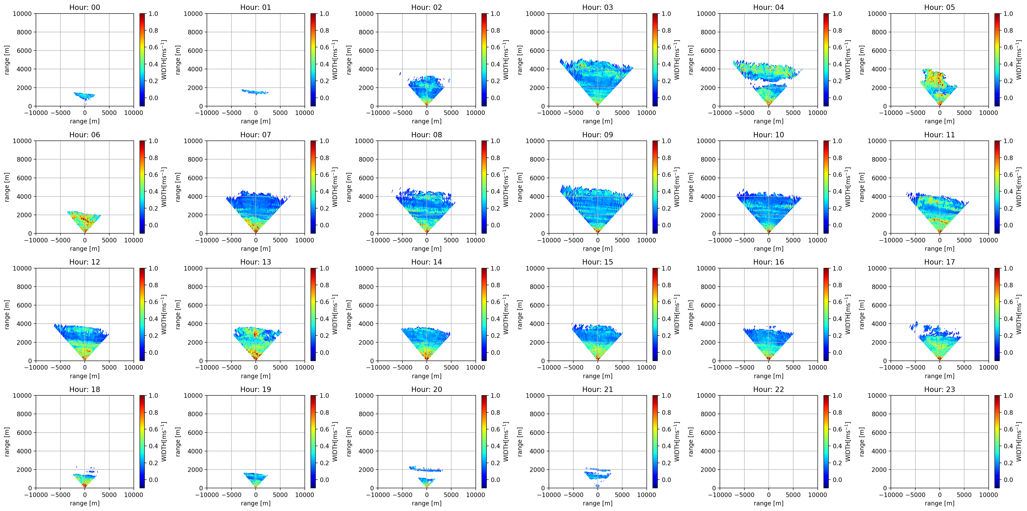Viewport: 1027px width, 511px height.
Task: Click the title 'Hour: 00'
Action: [85, 7]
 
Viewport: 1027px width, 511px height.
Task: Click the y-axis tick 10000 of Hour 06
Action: [22, 141]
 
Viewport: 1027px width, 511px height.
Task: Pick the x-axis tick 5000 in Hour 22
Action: [793, 495]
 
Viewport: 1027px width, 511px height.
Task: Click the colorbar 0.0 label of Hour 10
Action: [837, 225]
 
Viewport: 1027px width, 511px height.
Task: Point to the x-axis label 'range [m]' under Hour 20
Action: [427, 503]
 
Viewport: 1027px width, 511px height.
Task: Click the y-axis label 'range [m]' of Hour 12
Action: [7, 314]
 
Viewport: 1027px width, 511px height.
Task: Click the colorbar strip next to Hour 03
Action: [655, 60]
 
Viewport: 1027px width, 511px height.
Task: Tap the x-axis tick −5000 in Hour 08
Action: [402, 240]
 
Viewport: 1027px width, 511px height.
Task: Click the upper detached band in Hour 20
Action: [426, 469]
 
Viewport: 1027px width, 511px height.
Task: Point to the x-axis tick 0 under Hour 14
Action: [427, 367]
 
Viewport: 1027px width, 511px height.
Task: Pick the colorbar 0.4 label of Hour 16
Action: [837, 319]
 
